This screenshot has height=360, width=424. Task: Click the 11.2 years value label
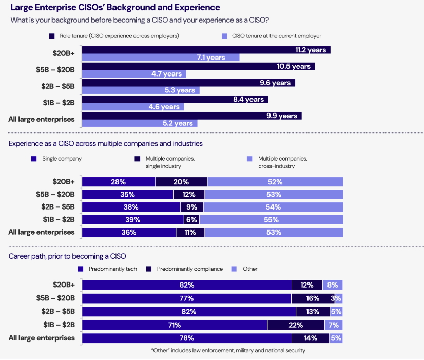(310, 50)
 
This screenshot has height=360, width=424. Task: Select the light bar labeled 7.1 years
(161, 58)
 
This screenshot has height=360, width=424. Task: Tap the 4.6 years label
(164, 107)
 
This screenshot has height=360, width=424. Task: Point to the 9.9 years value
(281, 116)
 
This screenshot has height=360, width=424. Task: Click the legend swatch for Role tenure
(52, 36)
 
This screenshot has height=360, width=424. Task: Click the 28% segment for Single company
(119, 182)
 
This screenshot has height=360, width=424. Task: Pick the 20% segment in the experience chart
(181, 182)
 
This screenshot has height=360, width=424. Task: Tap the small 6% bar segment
(191, 220)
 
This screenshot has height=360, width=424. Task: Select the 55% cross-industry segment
(271, 220)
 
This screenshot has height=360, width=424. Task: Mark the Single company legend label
(62, 159)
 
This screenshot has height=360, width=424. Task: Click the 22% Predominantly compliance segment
(295, 325)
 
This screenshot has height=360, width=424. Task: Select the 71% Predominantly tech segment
(175, 325)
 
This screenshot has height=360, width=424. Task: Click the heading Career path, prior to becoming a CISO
(67, 256)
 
